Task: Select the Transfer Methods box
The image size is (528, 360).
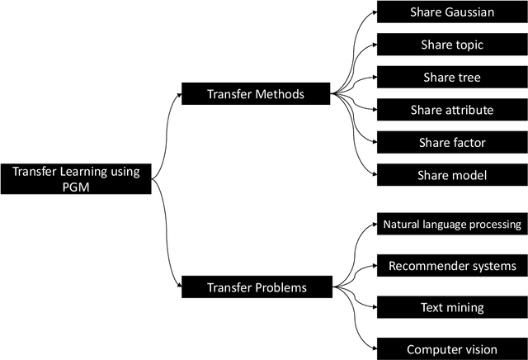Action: pos(256,93)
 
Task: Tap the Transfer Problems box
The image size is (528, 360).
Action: pos(256,287)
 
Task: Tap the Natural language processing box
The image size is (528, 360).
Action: pos(452,224)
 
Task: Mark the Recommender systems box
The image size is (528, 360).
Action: pos(452,266)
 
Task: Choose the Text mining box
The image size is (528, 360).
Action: pos(452,307)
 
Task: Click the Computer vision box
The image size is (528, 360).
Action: pos(452,348)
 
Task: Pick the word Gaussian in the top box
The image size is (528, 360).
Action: pos(466,12)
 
